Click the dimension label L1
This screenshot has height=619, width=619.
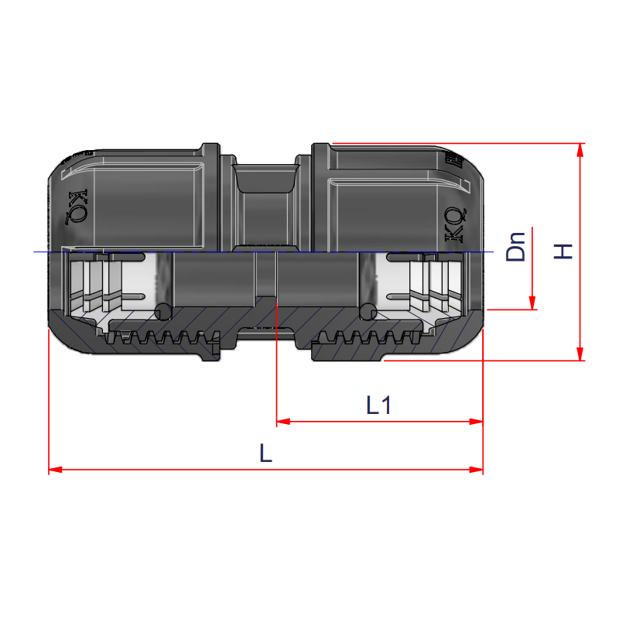[x=378, y=405]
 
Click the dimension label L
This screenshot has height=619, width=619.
[x=265, y=453]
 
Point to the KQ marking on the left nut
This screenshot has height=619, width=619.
[x=78, y=206]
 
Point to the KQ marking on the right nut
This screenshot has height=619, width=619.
[x=455, y=224]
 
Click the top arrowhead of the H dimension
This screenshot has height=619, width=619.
[x=580, y=149]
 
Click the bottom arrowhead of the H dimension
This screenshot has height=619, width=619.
[x=580, y=354]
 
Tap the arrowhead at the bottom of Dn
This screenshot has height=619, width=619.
[x=532, y=304]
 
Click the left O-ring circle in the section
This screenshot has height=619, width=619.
[x=163, y=311]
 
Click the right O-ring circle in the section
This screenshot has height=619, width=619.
[x=368, y=311]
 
